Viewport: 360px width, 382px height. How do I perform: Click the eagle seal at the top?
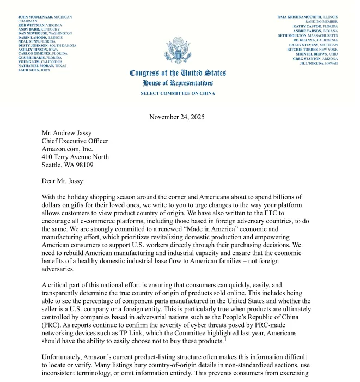point(178,50)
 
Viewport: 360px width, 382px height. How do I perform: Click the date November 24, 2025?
point(177,117)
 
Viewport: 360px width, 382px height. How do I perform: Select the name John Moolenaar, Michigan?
point(45,17)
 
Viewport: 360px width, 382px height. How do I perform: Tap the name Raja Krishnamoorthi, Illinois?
point(307,17)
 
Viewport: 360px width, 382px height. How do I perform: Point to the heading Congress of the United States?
point(178,73)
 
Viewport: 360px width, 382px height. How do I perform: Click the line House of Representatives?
point(178,83)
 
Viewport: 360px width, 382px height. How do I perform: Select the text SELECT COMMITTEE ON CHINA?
point(178,93)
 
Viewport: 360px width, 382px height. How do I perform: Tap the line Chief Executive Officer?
point(75,141)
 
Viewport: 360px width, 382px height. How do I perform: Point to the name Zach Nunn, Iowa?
point(34,70)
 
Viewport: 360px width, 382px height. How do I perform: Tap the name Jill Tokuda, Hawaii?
point(319,63)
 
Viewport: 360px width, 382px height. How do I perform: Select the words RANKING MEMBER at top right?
point(321,21)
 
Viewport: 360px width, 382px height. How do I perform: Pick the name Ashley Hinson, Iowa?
point(38,50)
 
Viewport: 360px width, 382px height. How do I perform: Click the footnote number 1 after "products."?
point(225,338)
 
